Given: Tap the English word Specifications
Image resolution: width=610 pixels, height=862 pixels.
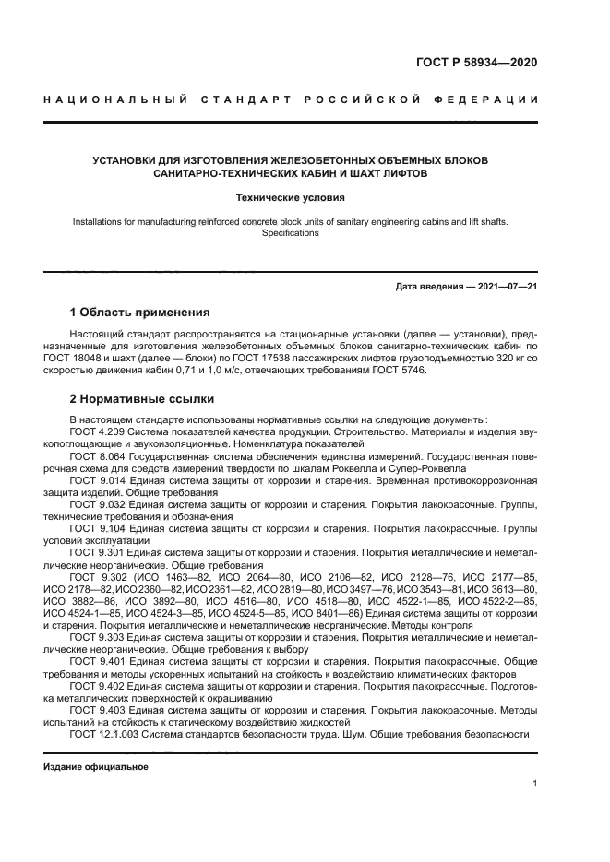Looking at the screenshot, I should (290, 233).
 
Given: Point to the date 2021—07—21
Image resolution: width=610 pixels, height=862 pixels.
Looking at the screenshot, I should (507, 287).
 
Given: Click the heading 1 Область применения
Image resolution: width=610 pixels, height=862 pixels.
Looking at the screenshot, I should (140, 313).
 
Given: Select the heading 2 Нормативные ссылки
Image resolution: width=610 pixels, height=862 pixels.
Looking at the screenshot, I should (142, 399).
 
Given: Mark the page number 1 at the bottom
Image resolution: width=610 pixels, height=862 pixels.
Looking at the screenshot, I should (535, 784).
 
